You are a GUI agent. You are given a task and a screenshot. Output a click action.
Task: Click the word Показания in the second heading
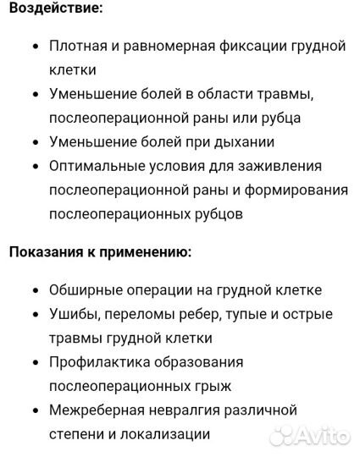pos(47,251)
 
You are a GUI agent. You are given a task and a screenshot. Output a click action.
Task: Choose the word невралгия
pos(194,410)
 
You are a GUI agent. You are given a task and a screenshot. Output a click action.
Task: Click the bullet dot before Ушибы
pos(35,315)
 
